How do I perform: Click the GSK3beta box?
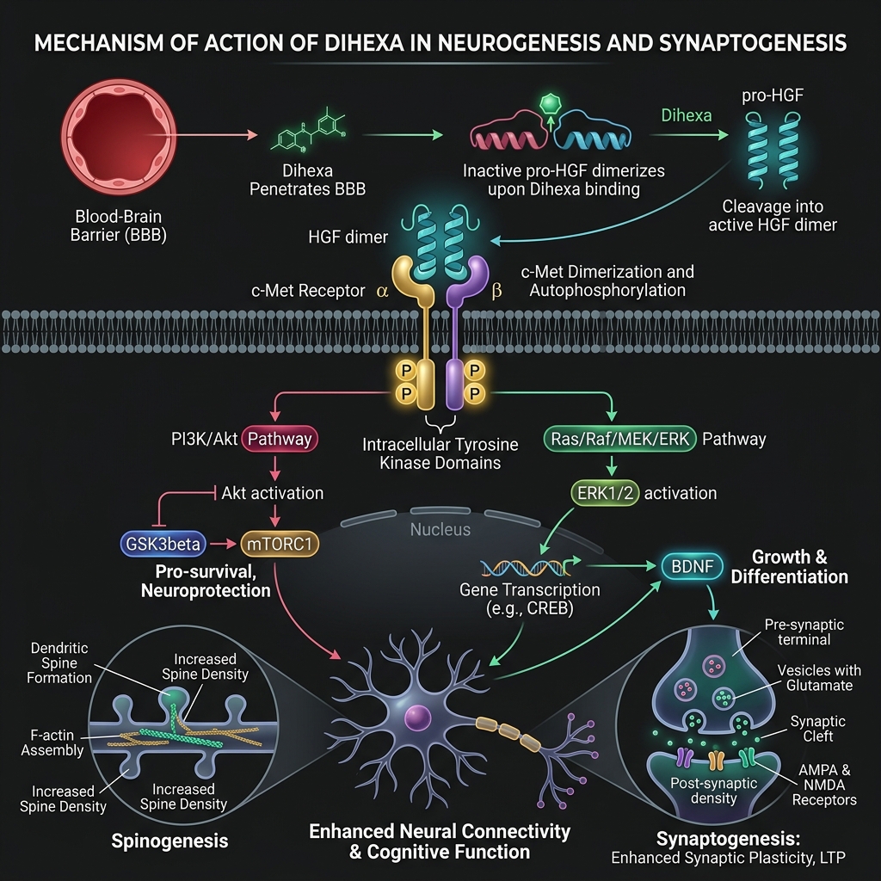tap(163, 544)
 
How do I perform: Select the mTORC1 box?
tap(280, 544)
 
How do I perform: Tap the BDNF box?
tap(693, 566)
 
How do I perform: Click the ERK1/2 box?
tap(605, 493)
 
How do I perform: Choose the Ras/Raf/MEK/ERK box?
tap(620, 439)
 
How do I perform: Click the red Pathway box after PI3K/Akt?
tap(280, 439)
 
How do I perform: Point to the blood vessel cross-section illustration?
tap(119, 137)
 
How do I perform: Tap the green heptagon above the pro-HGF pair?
tap(551, 103)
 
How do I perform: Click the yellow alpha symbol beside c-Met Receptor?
tap(382, 291)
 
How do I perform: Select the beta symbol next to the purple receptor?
tap(496, 291)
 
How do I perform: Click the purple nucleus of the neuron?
tap(417, 718)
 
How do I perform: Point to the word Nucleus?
tap(440, 529)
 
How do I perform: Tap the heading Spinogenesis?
tap(169, 841)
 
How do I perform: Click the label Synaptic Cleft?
tap(817, 729)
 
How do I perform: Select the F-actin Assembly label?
tap(52, 742)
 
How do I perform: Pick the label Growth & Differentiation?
tap(790, 567)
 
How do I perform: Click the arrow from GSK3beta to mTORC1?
tap(223, 544)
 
